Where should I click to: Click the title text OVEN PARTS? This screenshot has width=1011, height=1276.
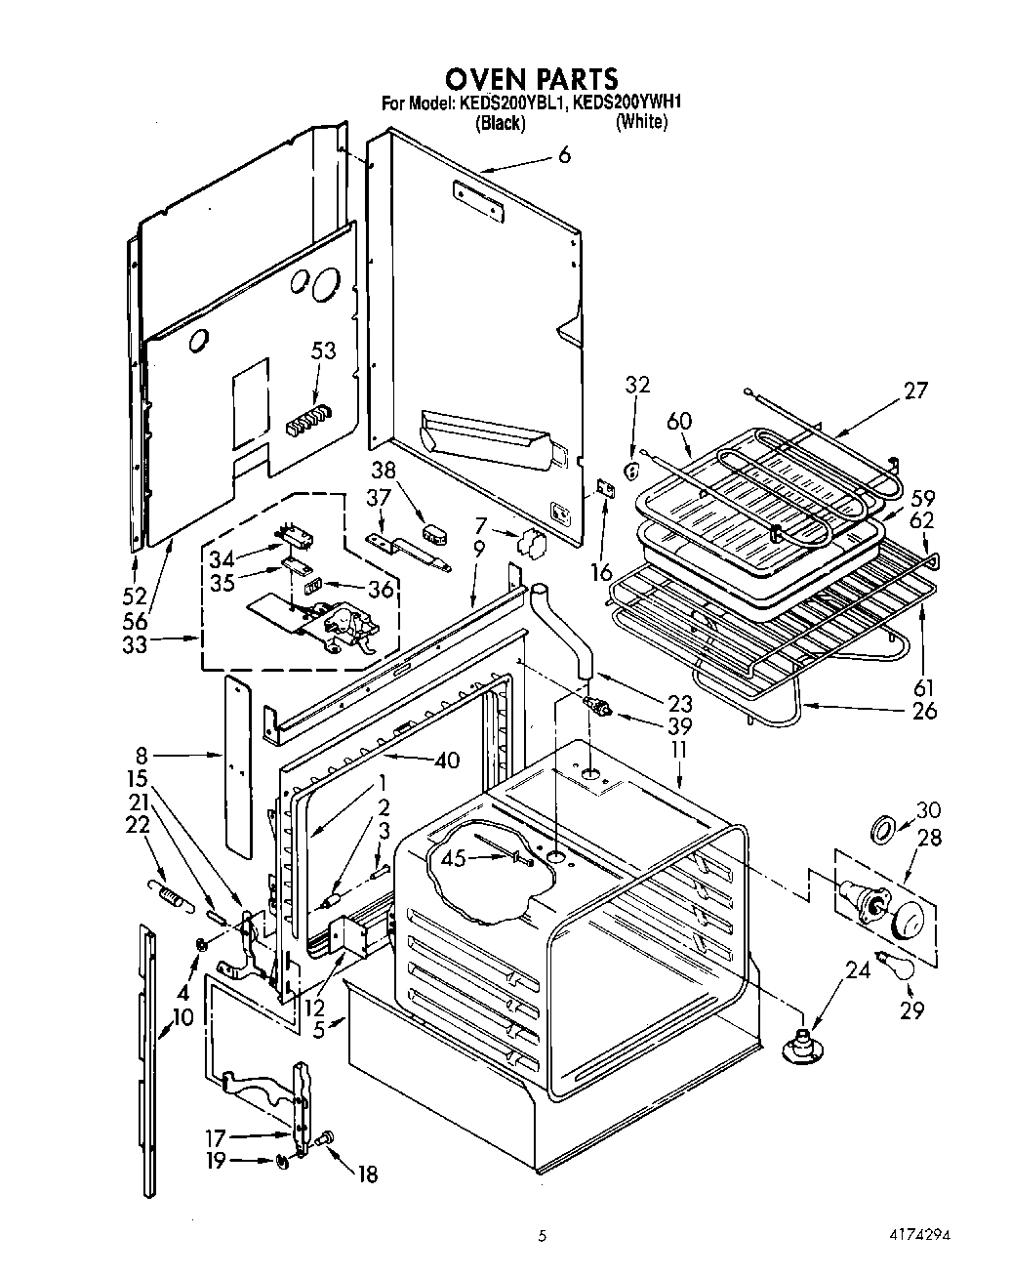pos(531,78)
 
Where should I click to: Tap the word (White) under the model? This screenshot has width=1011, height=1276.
pos(641,123)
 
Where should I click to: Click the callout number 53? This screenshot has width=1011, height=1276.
pos(323,351)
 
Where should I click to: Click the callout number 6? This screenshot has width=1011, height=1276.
pos(564,154)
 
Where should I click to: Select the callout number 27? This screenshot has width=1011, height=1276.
pos(915,391)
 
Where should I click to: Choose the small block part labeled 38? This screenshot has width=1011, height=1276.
pos(434,532)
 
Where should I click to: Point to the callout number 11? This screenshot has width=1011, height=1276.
pos(679,750)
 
